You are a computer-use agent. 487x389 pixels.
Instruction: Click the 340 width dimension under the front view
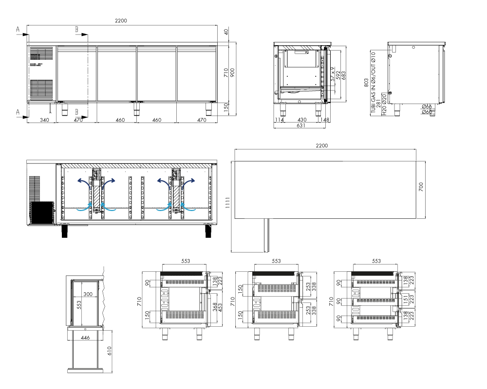[x=44, y=120]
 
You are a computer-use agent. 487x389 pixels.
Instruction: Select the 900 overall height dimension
[x=233, y=72]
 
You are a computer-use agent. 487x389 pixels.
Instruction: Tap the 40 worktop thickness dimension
[x=226, y=31]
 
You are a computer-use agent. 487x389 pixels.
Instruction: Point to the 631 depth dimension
[x=300, y=125]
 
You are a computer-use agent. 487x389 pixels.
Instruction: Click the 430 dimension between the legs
[x=302, y=120]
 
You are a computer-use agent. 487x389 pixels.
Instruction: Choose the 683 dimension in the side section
[x=343, y=76]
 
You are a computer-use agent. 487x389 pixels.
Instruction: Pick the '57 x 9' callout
[x=333, y=74]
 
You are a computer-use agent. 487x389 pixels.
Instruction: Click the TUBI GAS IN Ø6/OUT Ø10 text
[x=373, y=82]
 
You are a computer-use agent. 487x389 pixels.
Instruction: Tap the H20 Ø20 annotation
[x=384, y=105]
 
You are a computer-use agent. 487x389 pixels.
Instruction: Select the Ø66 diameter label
[x=427, y=106]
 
